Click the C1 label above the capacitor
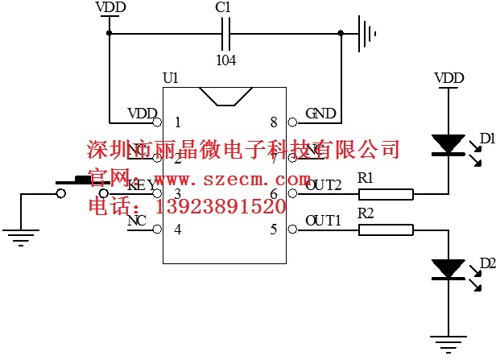click(224, 7)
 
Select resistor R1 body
click(386, 193)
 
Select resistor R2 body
click(386, 230)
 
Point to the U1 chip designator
click(170, 78)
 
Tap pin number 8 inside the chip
click(274, 123)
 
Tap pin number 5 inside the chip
click(274, 230)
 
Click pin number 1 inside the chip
click(177, 123)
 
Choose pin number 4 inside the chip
click(177, 230)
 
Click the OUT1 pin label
click(324, 220)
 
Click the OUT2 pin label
click(324, 184)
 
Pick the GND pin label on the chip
click(320, 114)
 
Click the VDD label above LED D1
click(448, 78)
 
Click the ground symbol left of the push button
click(21, 236)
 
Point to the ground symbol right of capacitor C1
click(370, 34)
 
